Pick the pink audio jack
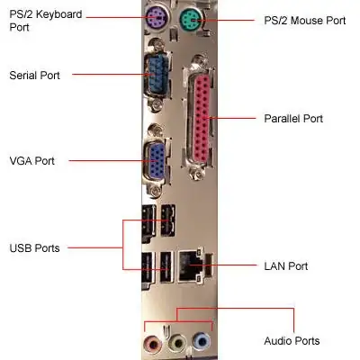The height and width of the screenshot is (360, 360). tap(149, 344)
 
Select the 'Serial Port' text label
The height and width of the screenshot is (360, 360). tap(33, 75)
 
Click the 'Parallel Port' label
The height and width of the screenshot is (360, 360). tap(292, 118)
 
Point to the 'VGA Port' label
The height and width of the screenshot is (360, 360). tap(31, 161)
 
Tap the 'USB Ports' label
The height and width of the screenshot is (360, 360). tap(34, 247)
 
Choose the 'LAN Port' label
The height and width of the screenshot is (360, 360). tap(284, 265)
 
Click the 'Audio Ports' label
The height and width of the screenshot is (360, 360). tap(291, 341)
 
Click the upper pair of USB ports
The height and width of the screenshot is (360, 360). tap(158, 220)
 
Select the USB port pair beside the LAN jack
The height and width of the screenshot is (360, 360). tap(158, 266)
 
